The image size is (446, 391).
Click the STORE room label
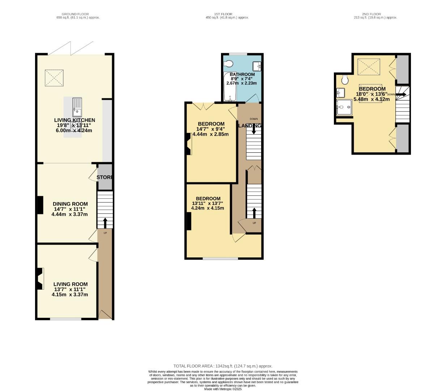pyautogui.click(x=105, y=177)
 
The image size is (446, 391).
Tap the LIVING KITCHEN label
pyautogui.click(x=75, y=120)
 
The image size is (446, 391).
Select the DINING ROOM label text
pyautogui.click(x=70, y=204)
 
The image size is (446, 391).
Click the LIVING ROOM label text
pyautogui.click(x=71, y=285)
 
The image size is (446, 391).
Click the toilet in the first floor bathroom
pyautogui.click(x=228, y=64)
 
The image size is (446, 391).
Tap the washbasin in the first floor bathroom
pyautogui.click(x=257, y=66)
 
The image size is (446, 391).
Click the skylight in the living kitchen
pyautogui.click(x=55, y=78)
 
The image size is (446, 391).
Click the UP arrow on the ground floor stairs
pyautogui.click(x=105, y=222)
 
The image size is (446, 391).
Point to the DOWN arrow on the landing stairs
pyautogui.click(x=254, y=129)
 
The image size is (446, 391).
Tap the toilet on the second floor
pyautogui.click(x=344, y=79)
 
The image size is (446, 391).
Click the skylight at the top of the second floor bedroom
pyautogui.click(x=369, y=67)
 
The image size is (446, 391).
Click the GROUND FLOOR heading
pyautogui.click(x=75, y=14)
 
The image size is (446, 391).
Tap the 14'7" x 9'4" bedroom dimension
pyautogui.click(x=211, y=129)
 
